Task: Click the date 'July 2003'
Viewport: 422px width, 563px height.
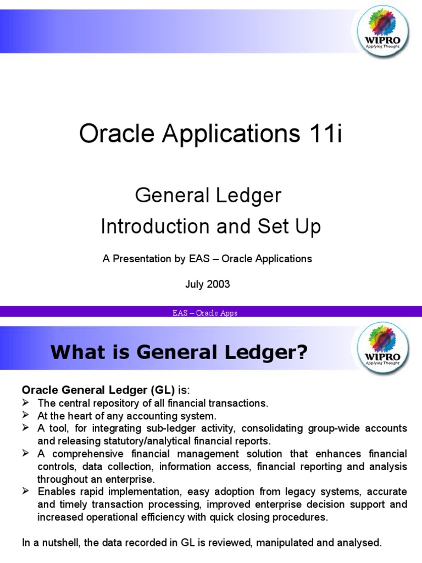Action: pyautogui.click(x=208, y=284)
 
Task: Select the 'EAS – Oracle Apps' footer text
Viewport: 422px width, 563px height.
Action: pyautogui.click(x=204, y=313)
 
